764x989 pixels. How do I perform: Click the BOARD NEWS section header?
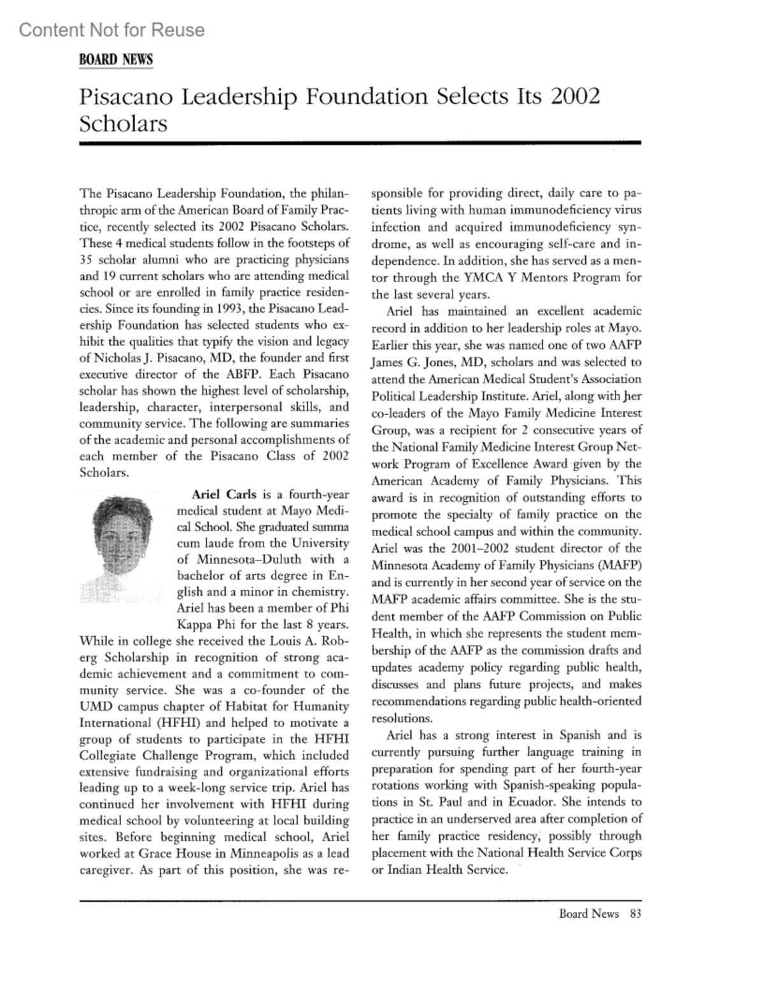[116, 60]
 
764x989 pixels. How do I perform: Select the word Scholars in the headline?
[123, 123]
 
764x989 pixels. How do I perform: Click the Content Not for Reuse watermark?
[112, 30]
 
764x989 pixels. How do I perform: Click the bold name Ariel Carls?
[224, 494]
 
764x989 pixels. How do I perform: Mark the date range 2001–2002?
[478, 548]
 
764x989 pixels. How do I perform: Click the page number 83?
[635, 914]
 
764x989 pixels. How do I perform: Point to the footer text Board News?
[589, 914]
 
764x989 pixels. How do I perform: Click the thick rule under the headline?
[360, 144]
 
